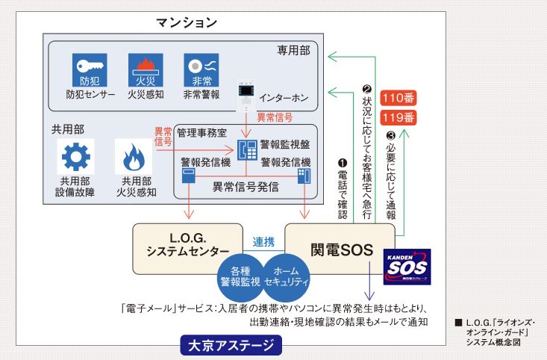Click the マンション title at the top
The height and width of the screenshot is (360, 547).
coord(187,22)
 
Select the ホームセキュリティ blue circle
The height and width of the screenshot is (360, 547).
coord(287,276)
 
